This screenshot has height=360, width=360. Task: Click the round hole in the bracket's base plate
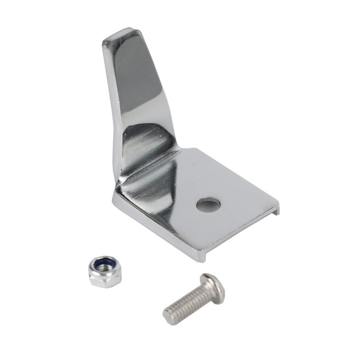click(209, 205)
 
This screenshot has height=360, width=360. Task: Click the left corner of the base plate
click(114, 199)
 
